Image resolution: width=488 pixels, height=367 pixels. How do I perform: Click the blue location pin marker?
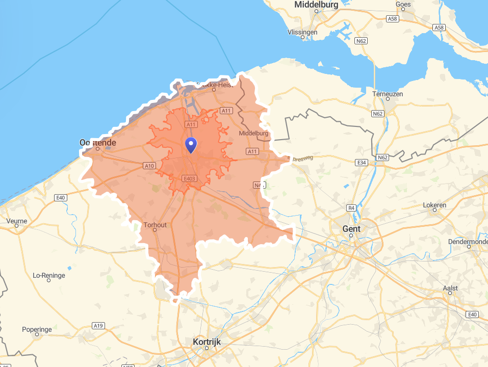pyautogui.click(x=191, y=145)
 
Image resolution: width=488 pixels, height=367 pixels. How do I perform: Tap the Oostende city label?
pyautogui.click(x=98, y=143)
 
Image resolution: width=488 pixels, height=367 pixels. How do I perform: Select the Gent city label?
pyautogui.click(x=351, y=229)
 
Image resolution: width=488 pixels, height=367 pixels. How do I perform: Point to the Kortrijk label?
pyautogui.click(x=207, y=342)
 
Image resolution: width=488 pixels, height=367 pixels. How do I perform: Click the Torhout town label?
pyautogui.click(x=155, y=225)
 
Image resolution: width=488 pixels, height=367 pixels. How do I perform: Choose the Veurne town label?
pyautogui.click(x=17, y=221)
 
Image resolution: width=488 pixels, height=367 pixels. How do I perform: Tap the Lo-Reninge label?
pyautogui.click(x=49, y=275)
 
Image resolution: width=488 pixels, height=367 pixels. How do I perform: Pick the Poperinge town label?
pyautogui.click(x=37, y=329)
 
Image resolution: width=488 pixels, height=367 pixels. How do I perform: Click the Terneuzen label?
pyautogui.click(x=388, y=94)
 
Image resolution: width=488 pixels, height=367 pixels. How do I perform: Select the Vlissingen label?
pyautogui.click(x=302, y=32)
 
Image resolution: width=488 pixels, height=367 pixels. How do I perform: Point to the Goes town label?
pyautogui.click(x=403, y=5)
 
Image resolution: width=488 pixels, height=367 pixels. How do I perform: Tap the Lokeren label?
pyautogui.click(x=434, y=205)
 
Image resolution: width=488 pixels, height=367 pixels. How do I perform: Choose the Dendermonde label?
pyautogui.click(x=468, y=241)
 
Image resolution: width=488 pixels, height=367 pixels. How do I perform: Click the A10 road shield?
pyautogui.click(x=149, y=166)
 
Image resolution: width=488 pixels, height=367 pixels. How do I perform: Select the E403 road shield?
pyautogui.click(x=189, y=178)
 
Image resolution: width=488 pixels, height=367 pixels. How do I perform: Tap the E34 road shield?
pyautogui.click(x=362, y=162)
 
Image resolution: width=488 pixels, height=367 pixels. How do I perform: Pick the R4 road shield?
pyautogui.click(x=351, y=208)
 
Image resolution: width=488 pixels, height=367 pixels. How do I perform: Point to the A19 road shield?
pyautogui.click(x=98, y=325)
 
